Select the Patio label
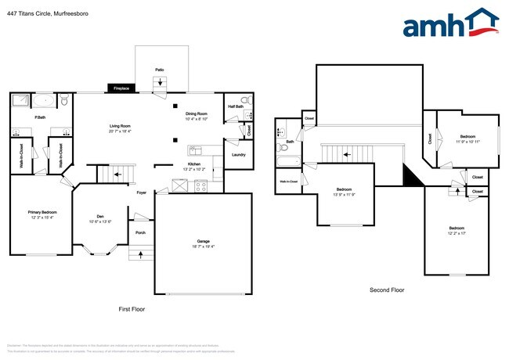tap(159, 70)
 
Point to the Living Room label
tap(119, 126)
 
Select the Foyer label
tap(142, 193)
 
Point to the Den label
tap(100, 216)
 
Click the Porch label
tap(140, 232)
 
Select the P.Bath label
tap(38, 117)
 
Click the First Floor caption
tap(132, 309)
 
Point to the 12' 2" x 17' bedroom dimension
tap(456, 233)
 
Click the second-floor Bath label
tap(290, 142)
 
